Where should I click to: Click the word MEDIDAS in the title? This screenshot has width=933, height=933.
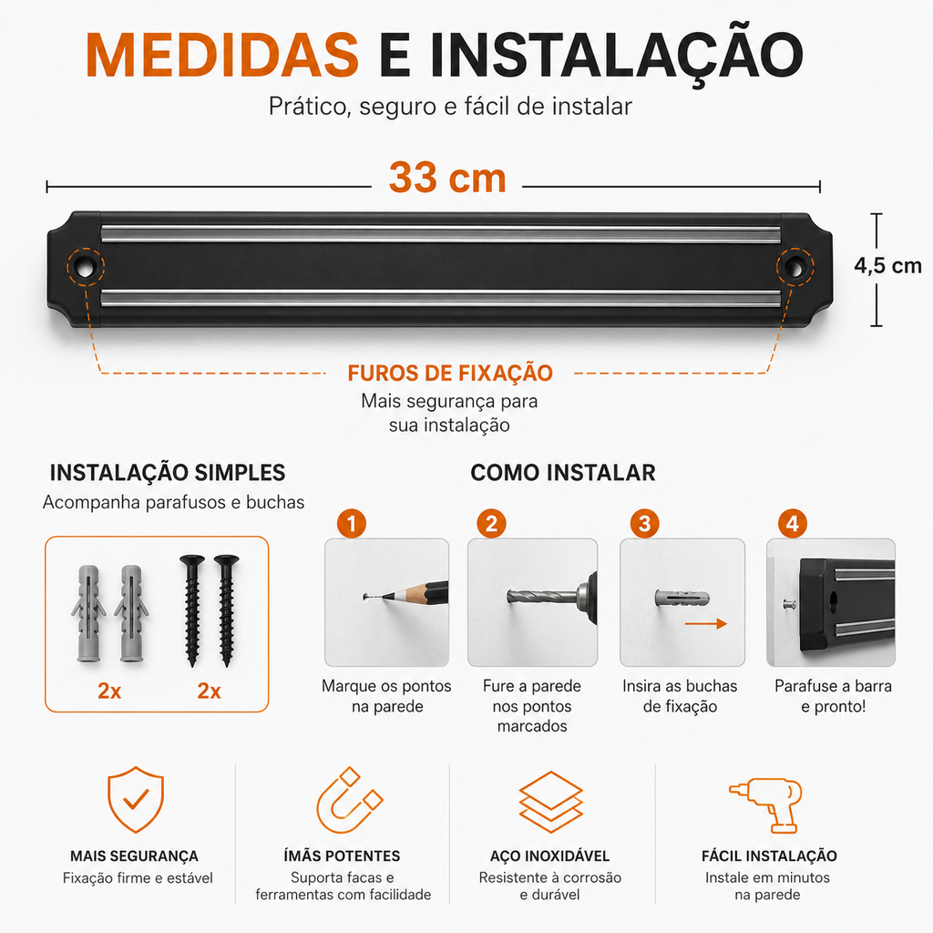(222, 55)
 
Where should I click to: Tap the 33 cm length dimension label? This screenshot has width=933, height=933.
(447, 178)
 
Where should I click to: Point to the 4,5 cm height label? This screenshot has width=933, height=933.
(887, 265)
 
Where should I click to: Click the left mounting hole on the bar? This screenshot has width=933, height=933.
(85, 268)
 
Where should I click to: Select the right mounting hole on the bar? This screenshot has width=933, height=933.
(795, 268)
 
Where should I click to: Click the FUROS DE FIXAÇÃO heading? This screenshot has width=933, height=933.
(450, 373)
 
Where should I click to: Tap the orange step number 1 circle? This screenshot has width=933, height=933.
(351, 524)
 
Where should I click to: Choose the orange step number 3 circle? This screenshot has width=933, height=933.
(644, 524)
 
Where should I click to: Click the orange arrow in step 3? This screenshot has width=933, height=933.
(706, 623)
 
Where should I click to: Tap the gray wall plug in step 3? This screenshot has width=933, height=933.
(682, 598)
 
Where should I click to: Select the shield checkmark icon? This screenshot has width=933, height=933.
(136, 799)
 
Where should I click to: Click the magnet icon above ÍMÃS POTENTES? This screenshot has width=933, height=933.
(349, 801)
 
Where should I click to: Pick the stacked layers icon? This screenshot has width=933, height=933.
(550, 802)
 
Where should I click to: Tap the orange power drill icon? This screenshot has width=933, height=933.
(766, 805)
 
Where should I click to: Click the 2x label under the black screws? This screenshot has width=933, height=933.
(209, 691)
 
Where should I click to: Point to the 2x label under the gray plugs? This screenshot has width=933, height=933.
(109, 691)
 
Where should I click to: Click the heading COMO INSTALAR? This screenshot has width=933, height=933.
(563, 473)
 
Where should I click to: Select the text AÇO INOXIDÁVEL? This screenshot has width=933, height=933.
(549, 856)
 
